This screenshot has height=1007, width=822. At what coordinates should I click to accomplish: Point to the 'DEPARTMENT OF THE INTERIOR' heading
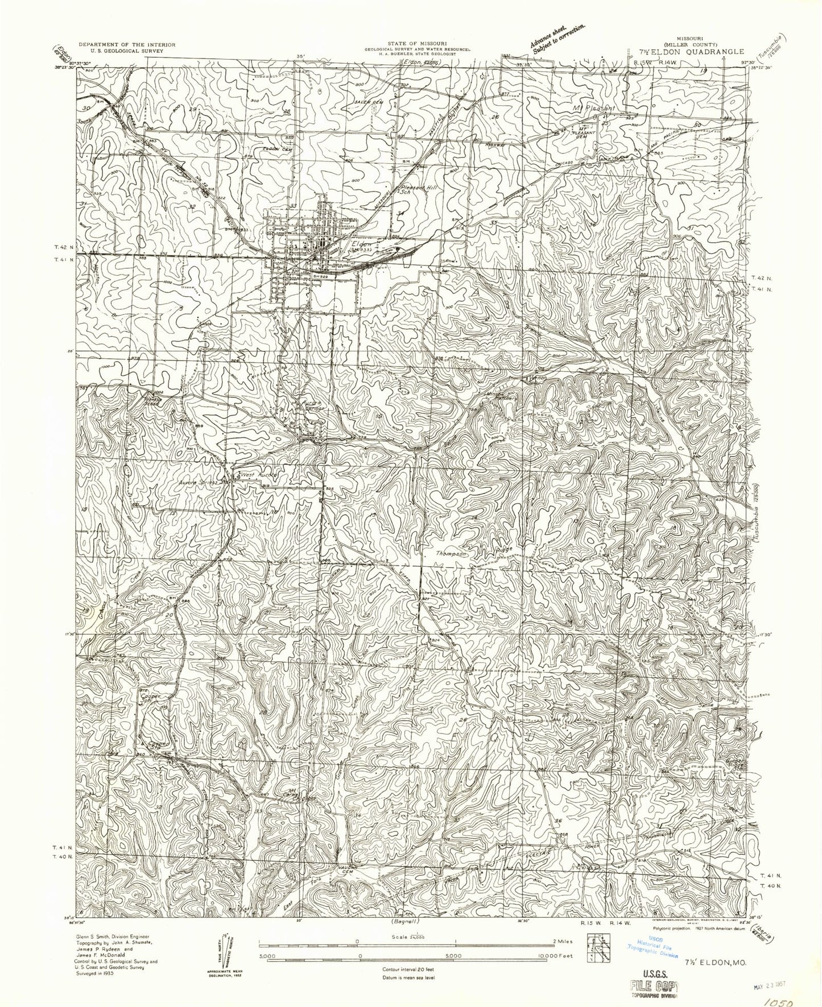[x=127, y=44]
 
